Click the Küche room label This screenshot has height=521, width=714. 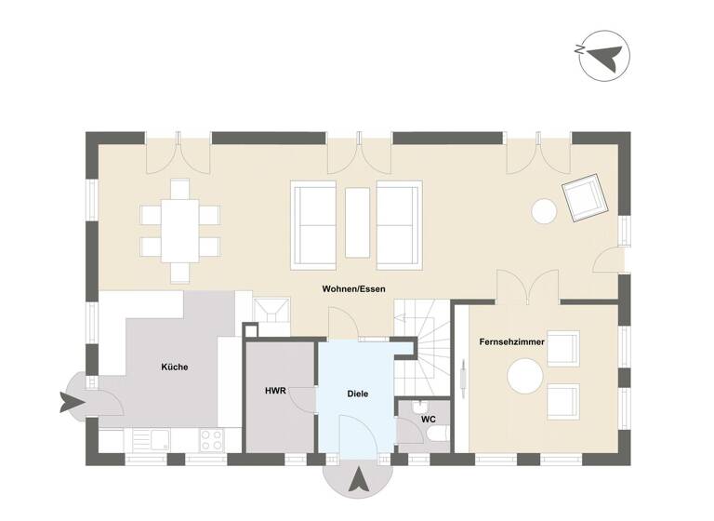174,367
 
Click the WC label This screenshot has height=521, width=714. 429,419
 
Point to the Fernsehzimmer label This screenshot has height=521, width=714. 512,342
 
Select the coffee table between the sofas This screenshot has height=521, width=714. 357,221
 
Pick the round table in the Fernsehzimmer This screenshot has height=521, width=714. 524,378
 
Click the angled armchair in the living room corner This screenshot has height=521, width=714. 583,198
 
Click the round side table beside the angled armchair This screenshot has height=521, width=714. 544,211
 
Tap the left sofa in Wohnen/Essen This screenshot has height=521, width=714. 314,224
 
